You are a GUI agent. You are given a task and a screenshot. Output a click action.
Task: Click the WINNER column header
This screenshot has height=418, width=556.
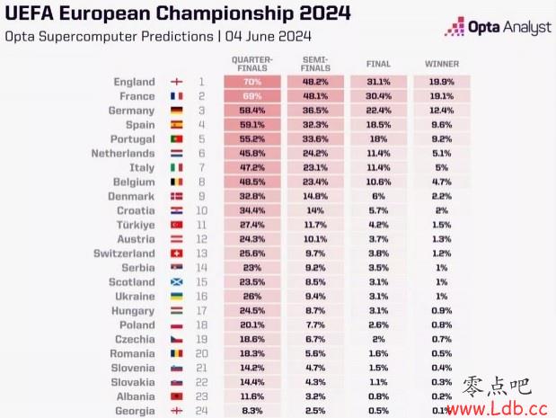click(x=442, y=65)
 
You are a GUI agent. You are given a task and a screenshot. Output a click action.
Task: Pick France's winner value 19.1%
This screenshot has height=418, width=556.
click(x=442, y=96)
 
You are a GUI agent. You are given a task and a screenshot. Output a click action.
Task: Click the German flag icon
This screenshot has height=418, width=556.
click(x=177, y=111)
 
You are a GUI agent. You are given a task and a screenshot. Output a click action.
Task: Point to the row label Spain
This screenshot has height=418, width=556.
click(x=139, y=125)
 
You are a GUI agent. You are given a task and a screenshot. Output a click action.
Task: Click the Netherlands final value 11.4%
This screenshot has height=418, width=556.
click(x=378, y=154)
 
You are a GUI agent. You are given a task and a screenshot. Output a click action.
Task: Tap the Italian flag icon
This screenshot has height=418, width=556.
click(x=177, y=168)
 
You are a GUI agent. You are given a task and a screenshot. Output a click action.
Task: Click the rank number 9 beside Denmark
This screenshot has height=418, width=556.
click(x=202, y=196)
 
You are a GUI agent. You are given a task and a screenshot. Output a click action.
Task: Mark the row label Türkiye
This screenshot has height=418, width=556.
click(x=136, y=225)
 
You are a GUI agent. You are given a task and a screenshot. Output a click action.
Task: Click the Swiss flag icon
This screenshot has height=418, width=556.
click(x=177, y=253)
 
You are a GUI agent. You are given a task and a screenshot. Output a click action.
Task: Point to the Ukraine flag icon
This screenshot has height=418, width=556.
click(x=177, y=297)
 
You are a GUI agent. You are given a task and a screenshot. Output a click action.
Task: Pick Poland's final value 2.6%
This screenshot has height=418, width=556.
click(x=378, y=325)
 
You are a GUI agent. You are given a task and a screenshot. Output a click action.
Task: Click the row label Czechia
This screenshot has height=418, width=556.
click(x=135, y=340)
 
